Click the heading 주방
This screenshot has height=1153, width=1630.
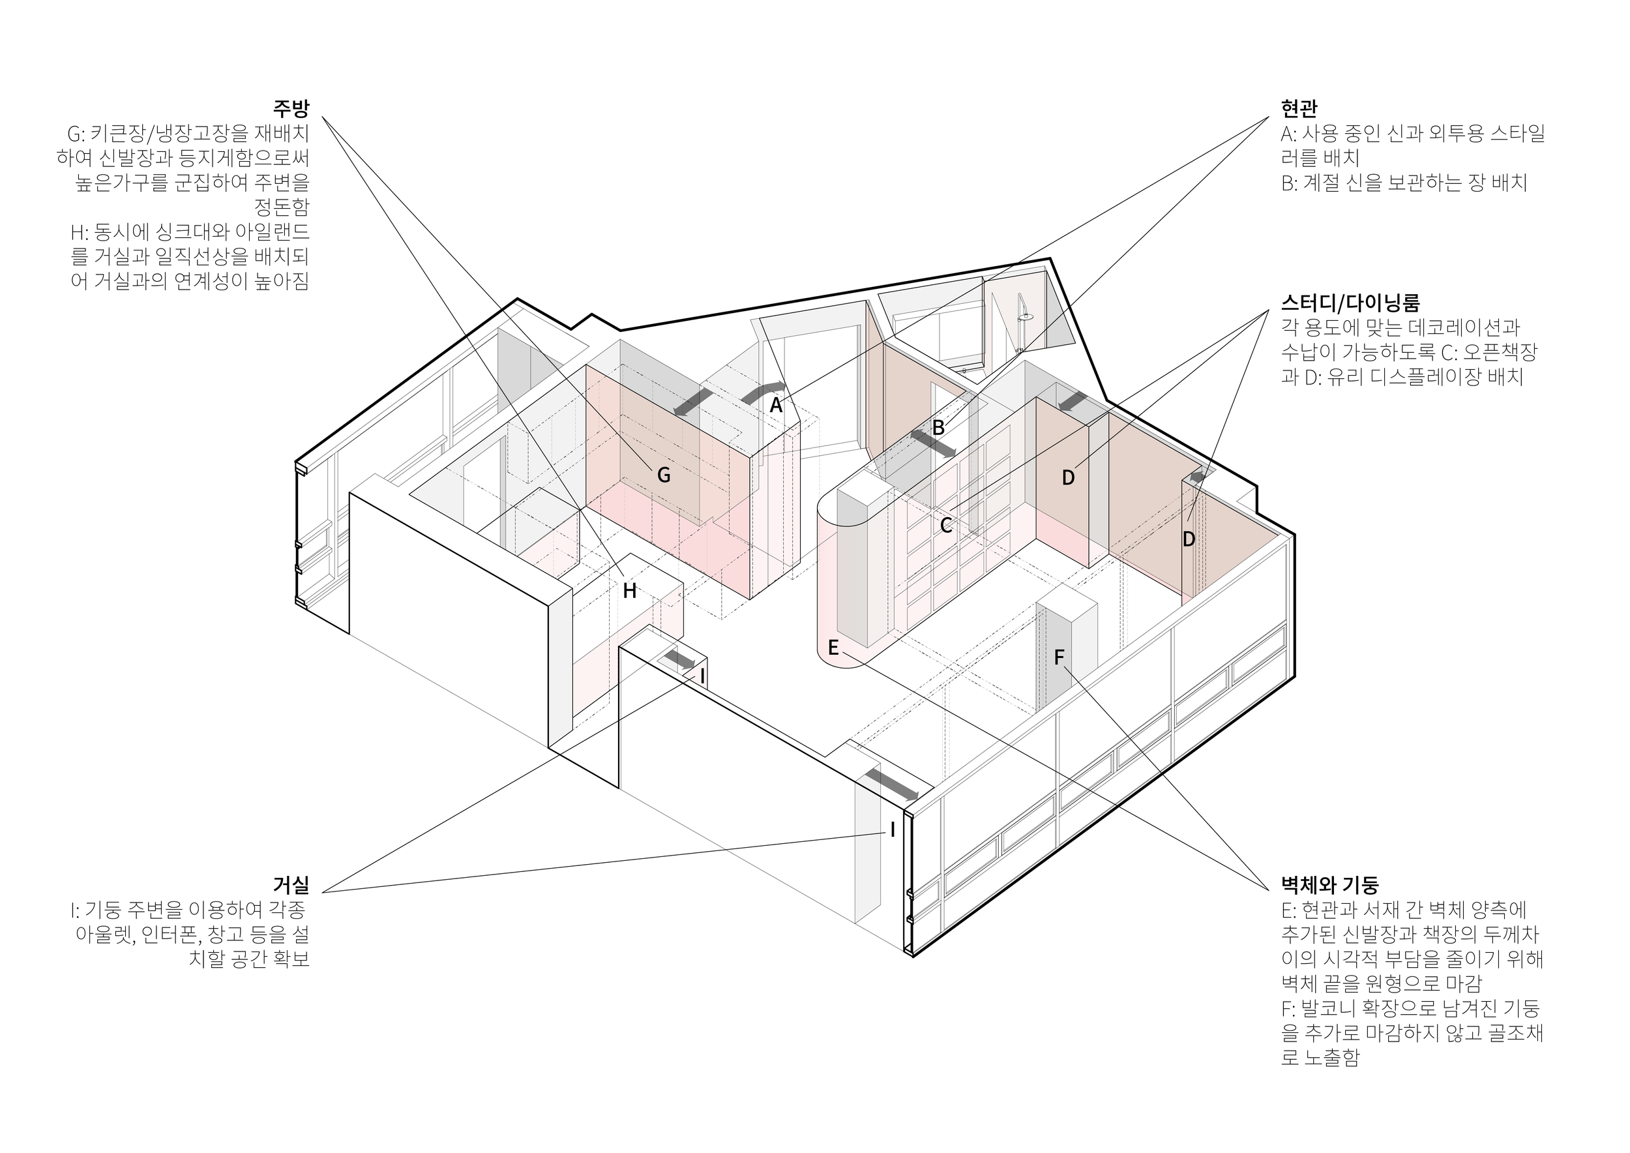(x=291, y=109)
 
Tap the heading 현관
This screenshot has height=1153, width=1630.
(x=1299, y=109)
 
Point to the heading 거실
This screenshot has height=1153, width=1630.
(x=291, y=884)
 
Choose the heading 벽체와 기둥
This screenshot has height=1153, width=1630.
(x=1329, y=884)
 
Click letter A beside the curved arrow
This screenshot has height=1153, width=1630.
(x=776, y=406)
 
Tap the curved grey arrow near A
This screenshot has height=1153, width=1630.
(x=763, y=392)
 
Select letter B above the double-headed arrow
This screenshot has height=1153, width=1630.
(x=938, y=428)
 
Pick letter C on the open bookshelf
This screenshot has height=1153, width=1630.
(x=945, y=526)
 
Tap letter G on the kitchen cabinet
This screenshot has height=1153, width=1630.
(x=664, y=475)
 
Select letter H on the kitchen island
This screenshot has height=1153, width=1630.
(x=629, y=591)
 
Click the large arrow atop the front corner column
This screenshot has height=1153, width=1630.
(x=892, y=783)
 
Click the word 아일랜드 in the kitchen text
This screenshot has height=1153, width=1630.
(x=277, y=232)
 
